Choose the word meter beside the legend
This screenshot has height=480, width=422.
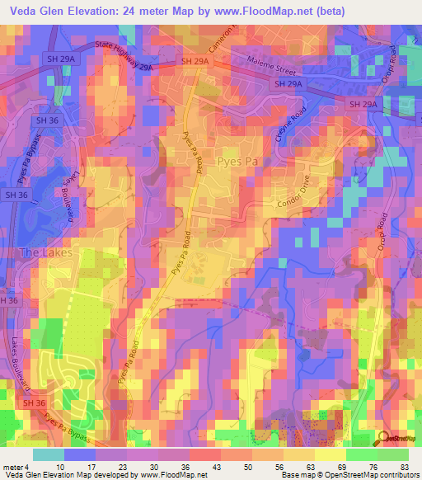pyautogui.click(x=12, y=466)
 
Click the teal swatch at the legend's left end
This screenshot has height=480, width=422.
pyautogui.click(x=48, y=454)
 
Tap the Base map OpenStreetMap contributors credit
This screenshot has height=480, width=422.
pyautogui.click(x=346, y=475)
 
